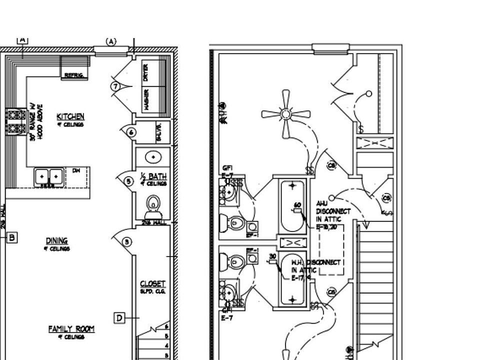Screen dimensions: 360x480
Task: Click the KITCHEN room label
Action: coord(70,117)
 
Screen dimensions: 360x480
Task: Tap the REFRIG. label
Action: coord(73,75)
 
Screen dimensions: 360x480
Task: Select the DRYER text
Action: coord(146,72)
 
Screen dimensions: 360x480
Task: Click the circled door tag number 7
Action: coord(115,86)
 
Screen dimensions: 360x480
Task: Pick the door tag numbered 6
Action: coord(131,132)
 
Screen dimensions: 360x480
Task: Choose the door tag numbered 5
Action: coord(128,181)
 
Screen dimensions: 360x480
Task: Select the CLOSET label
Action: coord(152,283)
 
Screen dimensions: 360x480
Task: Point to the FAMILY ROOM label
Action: coord(71,329)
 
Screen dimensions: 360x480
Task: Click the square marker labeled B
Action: coord(12,237)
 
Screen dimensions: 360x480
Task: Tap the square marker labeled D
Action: coord(119,317)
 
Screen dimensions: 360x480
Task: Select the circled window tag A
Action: coord(111,41)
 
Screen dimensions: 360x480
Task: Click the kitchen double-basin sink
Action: coord(49,176)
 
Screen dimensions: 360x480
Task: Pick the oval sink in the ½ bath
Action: coord(152,157)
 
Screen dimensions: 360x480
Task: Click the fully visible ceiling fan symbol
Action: coord(286,114)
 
